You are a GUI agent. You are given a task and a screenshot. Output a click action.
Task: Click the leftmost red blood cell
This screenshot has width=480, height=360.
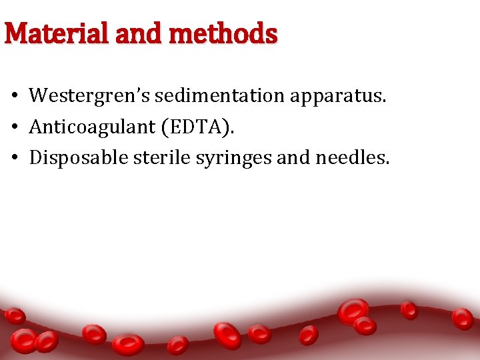coord(15,315)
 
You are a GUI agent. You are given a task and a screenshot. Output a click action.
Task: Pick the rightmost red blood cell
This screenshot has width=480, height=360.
coord(462,318)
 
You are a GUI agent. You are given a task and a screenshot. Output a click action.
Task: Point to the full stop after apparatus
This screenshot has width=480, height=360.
coord(384,102)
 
